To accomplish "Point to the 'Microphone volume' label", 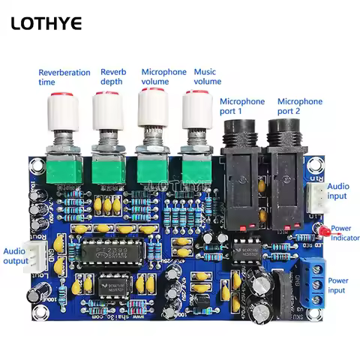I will point(164,76).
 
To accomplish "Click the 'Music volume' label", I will point(208,76).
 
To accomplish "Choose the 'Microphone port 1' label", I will point(242,106).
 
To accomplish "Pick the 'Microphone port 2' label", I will point(300,106).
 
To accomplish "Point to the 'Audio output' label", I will point(16,256).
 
